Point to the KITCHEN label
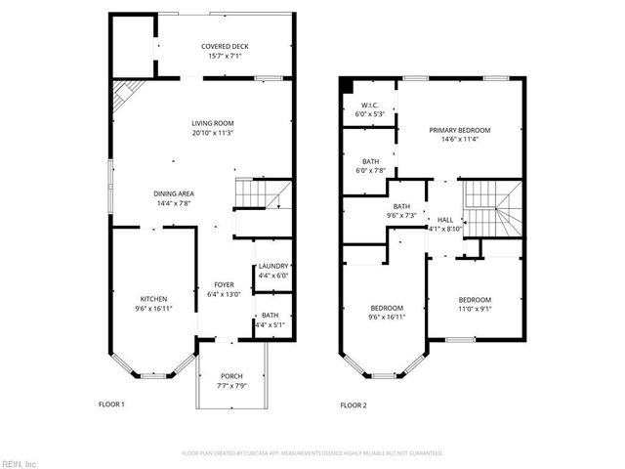coord(153,299)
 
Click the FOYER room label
coord(224,284)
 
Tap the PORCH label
coord(231,376)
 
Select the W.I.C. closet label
coord(369,105)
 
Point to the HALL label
coord(445,220)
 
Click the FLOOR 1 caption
coord(113,405)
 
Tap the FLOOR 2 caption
coord(354,405)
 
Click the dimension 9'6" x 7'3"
coord(401,215)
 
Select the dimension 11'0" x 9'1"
coord(475,309)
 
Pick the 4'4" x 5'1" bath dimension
coord(270,324)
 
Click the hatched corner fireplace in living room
coord(124,94)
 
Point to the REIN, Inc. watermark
coord(19,463)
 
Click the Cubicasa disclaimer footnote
coord(312,453)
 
